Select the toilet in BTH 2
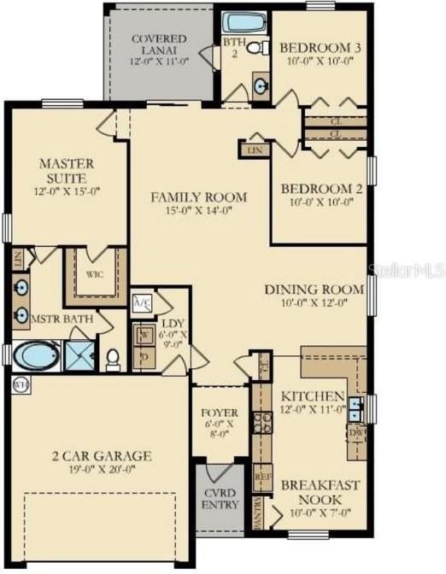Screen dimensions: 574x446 pyautogui.click(x=255, y=48)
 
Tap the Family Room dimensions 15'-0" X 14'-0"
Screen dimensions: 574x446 pyautogui.click(x=198, y=213)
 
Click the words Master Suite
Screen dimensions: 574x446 pyautogui.click(x=67, y=170)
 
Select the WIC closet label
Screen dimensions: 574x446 pyautogui.click(x=95, y=276)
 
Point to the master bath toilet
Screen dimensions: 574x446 pyautogui.click(x=113, y=358)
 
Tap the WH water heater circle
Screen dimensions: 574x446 pyautogui.click(x=20, y=385)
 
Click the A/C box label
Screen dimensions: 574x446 pyautogui.click(x=142, y=302)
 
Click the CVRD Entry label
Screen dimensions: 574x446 pyautogui.click(x=214, y=499)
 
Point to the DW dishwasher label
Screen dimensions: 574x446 pyautogui.click(x=356, y=432)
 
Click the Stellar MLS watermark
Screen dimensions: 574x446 pyautogui.click(x=407, y=269)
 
